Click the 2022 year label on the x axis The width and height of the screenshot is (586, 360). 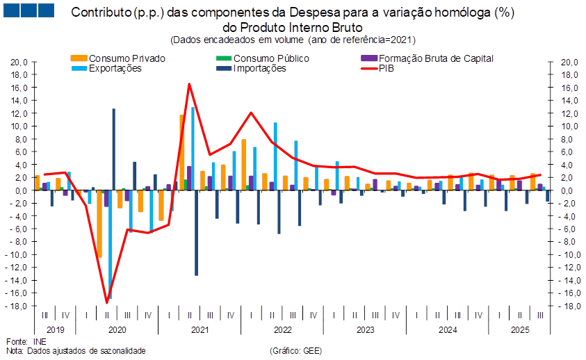coord(282,329)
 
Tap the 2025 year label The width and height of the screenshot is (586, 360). coord(521,329)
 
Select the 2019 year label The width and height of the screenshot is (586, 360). coord(55,329)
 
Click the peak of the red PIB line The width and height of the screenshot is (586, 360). coord(189,84)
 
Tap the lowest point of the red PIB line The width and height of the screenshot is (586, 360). coord(107,302)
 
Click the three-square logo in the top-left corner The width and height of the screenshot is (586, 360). coord(28,10)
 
